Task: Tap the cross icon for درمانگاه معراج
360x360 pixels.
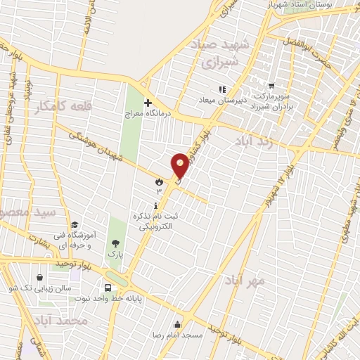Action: coord(147,103)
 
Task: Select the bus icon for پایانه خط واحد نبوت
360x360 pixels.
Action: coord(108,288)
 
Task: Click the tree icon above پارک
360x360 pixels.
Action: coord(115,243)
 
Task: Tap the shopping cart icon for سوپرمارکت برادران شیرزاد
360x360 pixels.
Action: coord(271,85)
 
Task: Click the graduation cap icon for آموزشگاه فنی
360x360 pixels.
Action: coord(75,224)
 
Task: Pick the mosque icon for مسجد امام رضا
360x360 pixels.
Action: coord(178,326)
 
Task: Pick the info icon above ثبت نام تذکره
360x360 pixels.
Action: coord(156,204)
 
